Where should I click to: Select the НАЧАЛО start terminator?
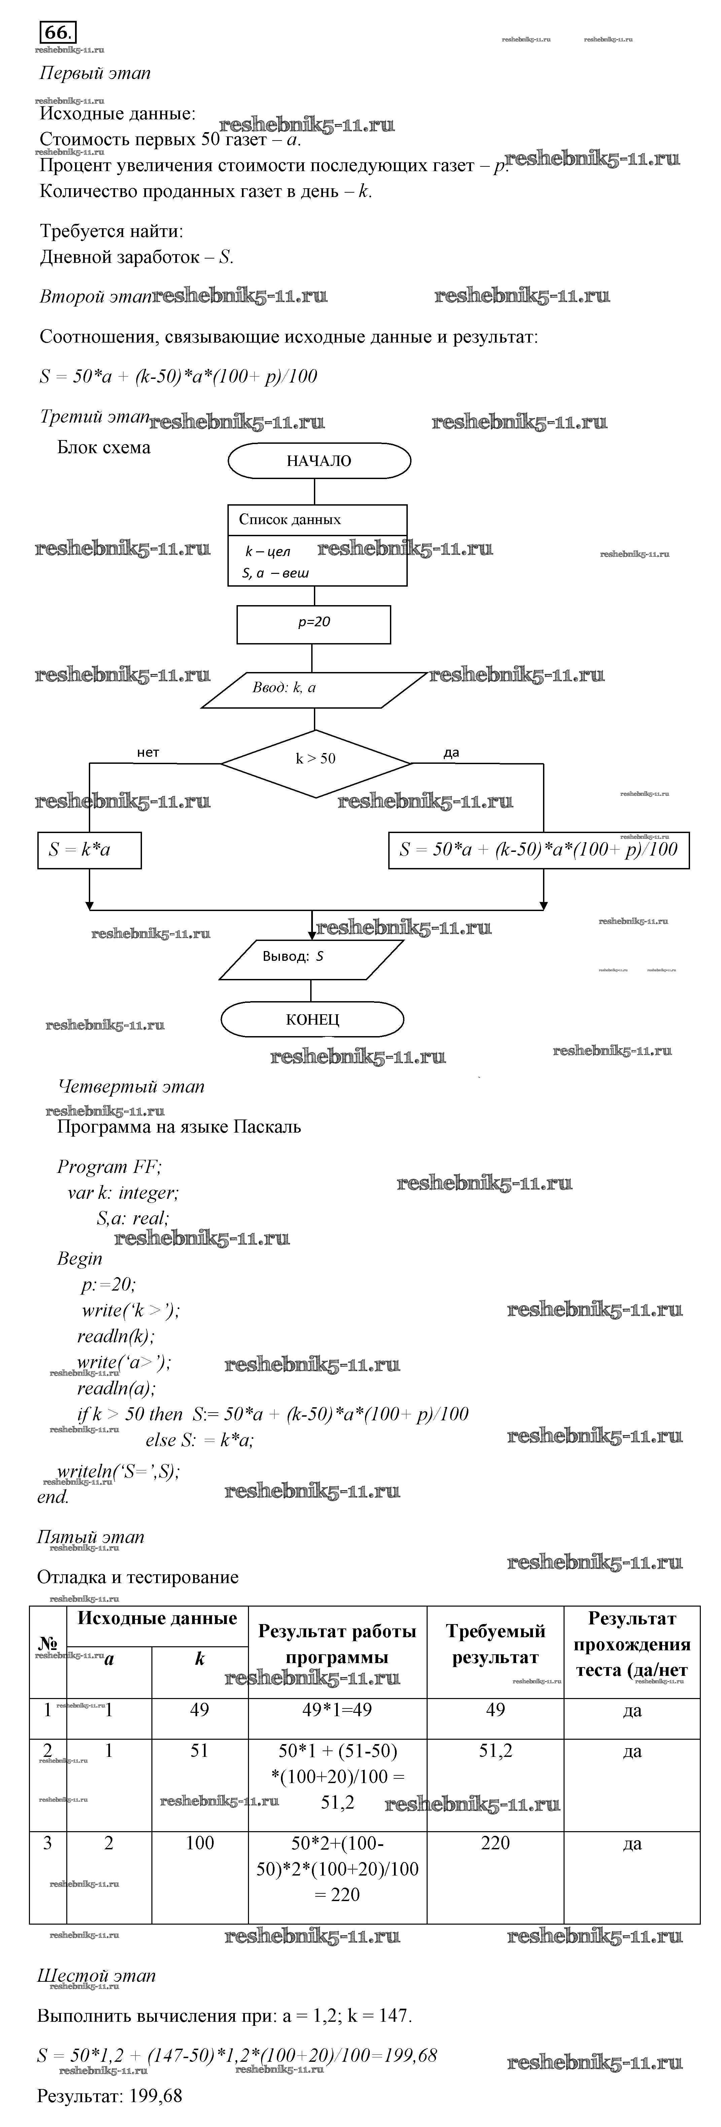[x=319, y=461]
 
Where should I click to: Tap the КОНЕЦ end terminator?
[x=312, y=1020]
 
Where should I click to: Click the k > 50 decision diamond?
[x=316, y=759]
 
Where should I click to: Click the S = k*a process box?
[x=89, y=850]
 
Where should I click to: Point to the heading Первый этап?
[x=95, y=74]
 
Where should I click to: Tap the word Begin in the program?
[x=80, y=1259]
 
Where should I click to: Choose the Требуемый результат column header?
[x=496, y=1644]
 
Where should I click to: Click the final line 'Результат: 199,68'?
[x=110, y=2096]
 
